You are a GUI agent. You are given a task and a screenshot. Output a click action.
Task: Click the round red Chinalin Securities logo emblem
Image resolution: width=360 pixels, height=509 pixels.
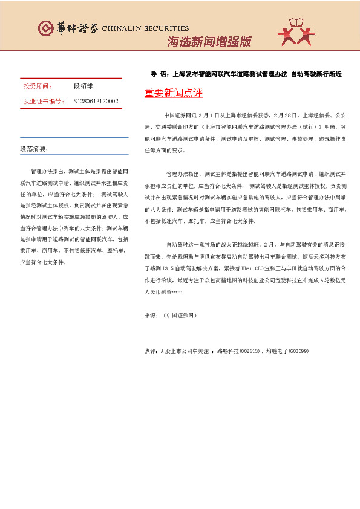(46, 28)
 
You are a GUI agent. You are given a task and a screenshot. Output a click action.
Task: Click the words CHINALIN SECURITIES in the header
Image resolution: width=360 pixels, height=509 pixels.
(146, 28)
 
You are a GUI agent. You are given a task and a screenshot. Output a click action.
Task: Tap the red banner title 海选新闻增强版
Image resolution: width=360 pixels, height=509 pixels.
(208, 42)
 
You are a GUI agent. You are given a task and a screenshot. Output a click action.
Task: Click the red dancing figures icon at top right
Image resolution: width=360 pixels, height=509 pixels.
(296, 31)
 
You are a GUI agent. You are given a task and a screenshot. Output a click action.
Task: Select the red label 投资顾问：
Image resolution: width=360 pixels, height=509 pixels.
(38, 87)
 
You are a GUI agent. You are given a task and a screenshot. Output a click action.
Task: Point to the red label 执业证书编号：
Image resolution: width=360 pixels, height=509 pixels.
(44, 101)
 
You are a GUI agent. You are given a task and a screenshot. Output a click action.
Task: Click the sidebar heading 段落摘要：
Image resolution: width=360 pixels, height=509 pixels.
(34, 148)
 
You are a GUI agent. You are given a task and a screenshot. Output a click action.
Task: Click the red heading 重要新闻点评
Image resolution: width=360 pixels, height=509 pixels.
(174, 94)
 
